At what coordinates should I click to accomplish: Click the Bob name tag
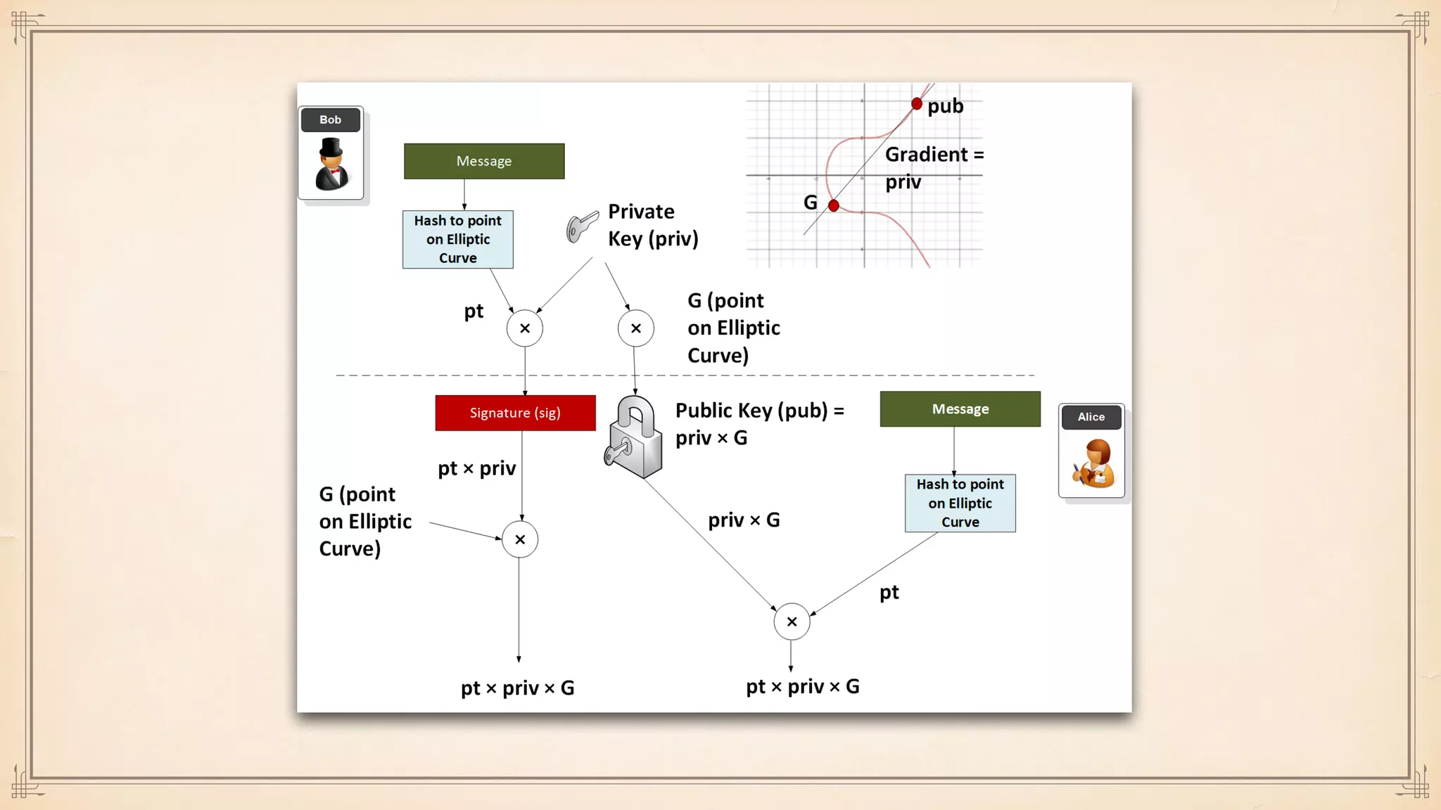330,120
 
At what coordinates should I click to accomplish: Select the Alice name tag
1091,417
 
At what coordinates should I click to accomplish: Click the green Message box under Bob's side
484,161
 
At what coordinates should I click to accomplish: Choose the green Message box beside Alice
960,409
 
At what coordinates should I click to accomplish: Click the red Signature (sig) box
515,413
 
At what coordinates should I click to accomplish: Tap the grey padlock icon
635,437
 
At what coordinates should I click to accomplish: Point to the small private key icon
582,226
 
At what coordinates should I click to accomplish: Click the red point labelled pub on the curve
916,104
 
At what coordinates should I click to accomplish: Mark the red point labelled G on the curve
834,206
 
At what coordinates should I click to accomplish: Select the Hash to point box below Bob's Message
458,240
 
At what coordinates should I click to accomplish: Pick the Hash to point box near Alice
960,503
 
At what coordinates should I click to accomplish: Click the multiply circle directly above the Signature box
525,328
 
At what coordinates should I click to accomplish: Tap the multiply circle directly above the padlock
636,328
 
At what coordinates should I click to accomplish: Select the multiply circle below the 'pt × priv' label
520,540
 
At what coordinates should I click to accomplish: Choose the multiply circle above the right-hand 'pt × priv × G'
792,622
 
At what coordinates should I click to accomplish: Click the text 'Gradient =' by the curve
934,155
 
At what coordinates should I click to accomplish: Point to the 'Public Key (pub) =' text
759,411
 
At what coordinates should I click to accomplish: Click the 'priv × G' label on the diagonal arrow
744,520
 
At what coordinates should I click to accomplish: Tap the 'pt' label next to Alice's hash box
889,593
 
